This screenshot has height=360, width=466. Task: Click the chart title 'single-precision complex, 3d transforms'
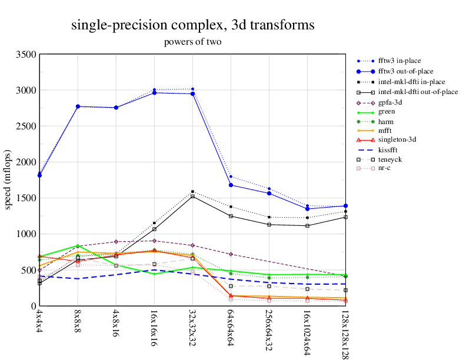pyautogui.click(x=192, y=25)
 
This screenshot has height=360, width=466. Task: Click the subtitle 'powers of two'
pyautogui.click(x=192, y=42)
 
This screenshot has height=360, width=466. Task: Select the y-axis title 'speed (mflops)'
pyautogui.click(x=9, y=180)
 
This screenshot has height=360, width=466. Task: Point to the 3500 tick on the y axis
pyautogui.click(x=25, y=54)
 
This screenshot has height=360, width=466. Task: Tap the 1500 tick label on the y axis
pyautogui.click(x=25, y=198)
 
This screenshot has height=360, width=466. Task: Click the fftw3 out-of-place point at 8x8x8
pyautogui.click(x=78, y=106)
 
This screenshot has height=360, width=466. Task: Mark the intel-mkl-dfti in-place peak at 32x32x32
pyautogui.click(x=192, y=192)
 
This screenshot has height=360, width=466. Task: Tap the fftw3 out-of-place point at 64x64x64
pyautogui.click(x=231, y=185)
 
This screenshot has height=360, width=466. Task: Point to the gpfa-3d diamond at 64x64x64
pyautogui.click(x=231, y=254)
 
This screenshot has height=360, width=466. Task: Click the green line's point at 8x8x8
pyautogui.click(x=78, y=246)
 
